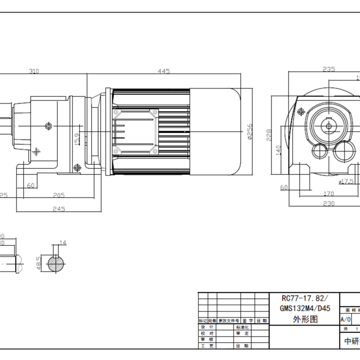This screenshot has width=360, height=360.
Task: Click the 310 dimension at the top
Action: pyautogui.click(x=34, y=71)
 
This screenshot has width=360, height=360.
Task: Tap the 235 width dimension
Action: pyautogui.click(x=329, y=69)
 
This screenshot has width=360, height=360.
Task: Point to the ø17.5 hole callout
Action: pyautogui.click(x=346, y=181)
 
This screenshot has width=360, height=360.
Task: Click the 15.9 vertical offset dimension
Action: pyautogui.click(x=77, y=139)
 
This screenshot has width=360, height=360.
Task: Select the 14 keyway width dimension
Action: pyautogui.click(x=63, y=242)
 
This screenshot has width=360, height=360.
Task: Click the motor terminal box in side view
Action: pyautogui.click(x=135, y=131)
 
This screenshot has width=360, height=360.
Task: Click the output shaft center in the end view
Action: pyautogui.click(x=328, y=125)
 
